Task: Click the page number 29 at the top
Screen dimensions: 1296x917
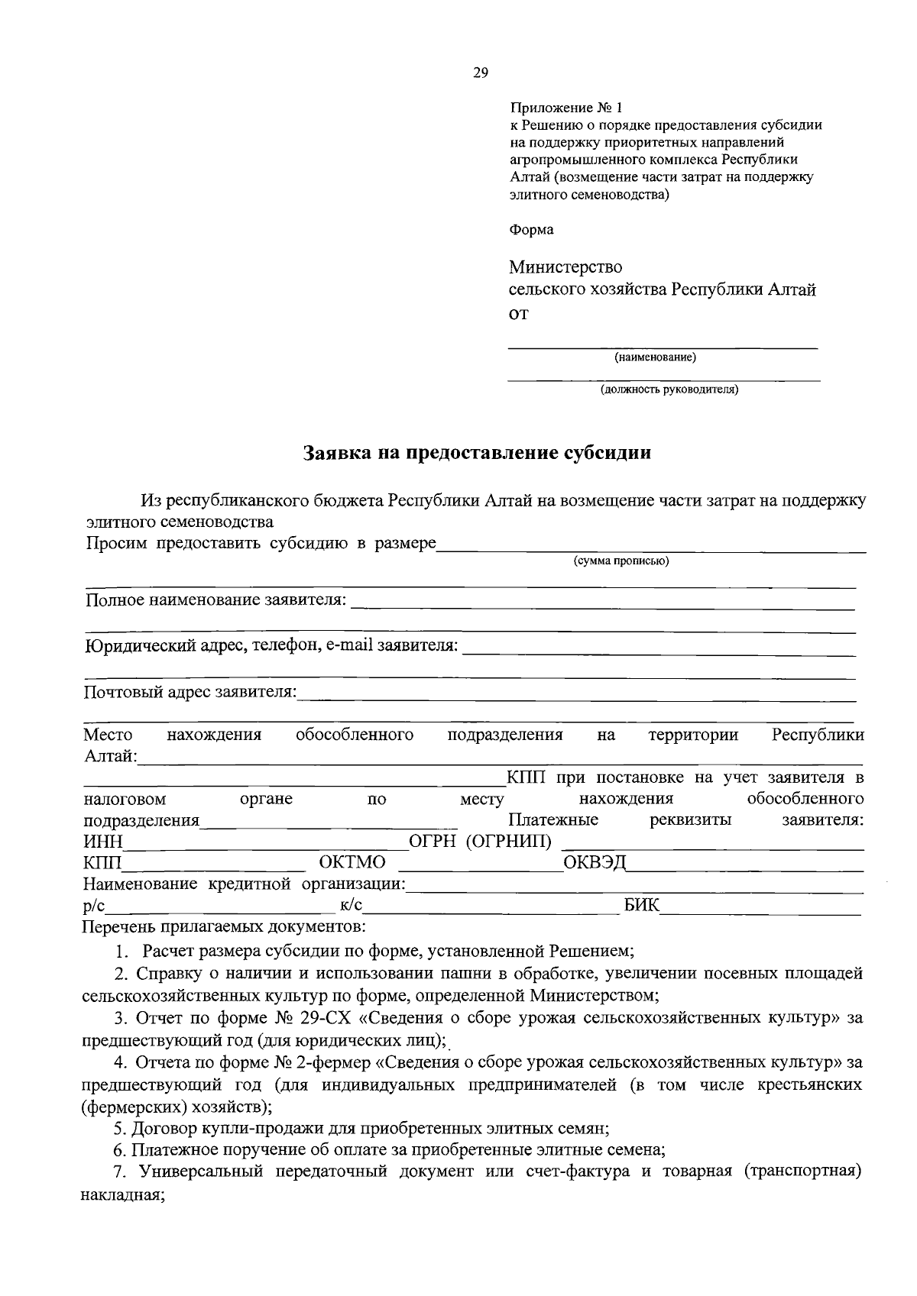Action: click(481, 73)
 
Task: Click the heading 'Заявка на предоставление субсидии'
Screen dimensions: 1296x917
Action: click(478, 453)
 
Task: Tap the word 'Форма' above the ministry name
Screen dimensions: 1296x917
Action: click(531, 229)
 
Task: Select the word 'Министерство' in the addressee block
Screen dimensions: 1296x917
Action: click(565, 267)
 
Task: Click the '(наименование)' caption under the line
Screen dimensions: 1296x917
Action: click(655, 357)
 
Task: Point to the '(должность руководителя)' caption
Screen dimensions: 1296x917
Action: click(669, 390)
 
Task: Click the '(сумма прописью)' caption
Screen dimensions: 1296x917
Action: click(621, 561)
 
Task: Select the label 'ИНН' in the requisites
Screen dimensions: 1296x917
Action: click(103, 842)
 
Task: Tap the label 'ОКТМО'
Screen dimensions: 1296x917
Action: click(352, 863)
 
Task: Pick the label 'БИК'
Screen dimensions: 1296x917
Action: click(642, 906)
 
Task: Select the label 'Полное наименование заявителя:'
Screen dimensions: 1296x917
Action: click(215, 600)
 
